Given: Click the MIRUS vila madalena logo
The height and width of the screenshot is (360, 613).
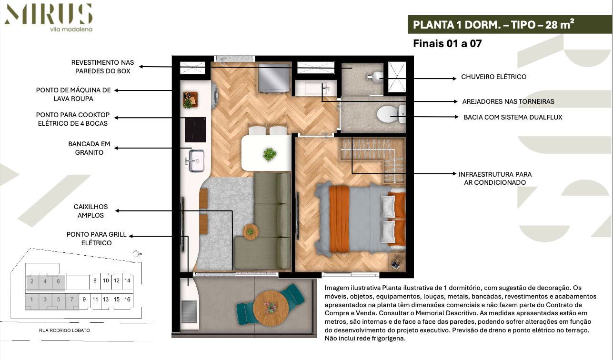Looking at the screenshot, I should pos(48,17).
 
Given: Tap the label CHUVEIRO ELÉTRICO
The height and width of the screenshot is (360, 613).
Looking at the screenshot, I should pos(493,77).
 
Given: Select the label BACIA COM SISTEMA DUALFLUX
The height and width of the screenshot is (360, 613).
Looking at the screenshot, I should pos(513,117).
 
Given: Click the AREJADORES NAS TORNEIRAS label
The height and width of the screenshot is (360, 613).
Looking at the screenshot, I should pos(508,101).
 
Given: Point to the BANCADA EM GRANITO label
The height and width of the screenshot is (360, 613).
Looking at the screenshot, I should pos(89,148).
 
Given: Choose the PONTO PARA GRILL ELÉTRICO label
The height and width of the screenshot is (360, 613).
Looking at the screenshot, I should pos(89,239).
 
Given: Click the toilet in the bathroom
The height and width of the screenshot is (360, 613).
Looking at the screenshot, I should pos(390,115).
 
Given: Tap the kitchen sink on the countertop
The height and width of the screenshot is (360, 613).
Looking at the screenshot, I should pos(195,160).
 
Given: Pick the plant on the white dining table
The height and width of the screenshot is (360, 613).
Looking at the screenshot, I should pos(270,154).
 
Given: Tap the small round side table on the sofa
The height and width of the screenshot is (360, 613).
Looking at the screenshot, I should pos(251,231).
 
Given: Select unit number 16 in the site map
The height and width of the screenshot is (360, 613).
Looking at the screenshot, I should pos(127,300).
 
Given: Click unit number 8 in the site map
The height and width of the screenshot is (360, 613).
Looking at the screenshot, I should pos(95,281).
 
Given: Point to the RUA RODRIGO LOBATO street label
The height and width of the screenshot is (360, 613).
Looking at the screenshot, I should pos(64,330).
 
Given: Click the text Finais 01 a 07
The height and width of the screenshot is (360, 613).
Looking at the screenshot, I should pos(447,44).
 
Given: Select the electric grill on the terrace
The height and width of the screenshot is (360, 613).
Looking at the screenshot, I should pos(189,311).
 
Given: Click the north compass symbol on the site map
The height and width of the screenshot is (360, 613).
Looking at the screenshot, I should pos(136,254).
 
